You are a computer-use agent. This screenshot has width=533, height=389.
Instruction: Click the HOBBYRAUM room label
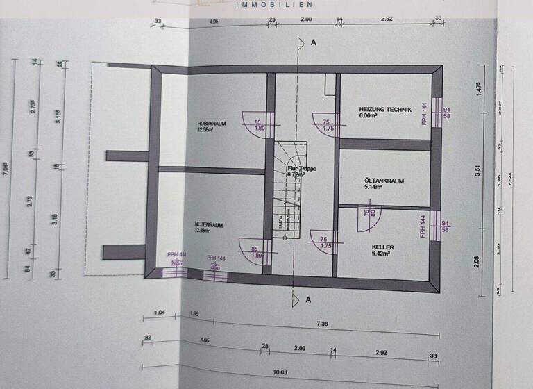click(x=211, y=123)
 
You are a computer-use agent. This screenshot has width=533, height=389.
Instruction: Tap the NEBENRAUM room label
click(x=208, y=224)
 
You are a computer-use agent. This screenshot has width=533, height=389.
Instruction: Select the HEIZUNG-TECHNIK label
click(x=385, y=110)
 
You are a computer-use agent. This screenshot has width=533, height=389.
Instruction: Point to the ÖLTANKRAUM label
click(x=384, y=181)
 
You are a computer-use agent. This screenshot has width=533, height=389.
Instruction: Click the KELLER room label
click(x=383, y=247)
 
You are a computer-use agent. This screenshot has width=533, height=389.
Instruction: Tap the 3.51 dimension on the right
click(x=478, y=176)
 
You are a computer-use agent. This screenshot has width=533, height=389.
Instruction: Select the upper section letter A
click(x=314, y=43)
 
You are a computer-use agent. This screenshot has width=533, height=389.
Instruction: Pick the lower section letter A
click(x=314, y=300)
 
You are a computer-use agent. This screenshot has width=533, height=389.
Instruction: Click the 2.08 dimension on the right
click(x=478, y=261)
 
